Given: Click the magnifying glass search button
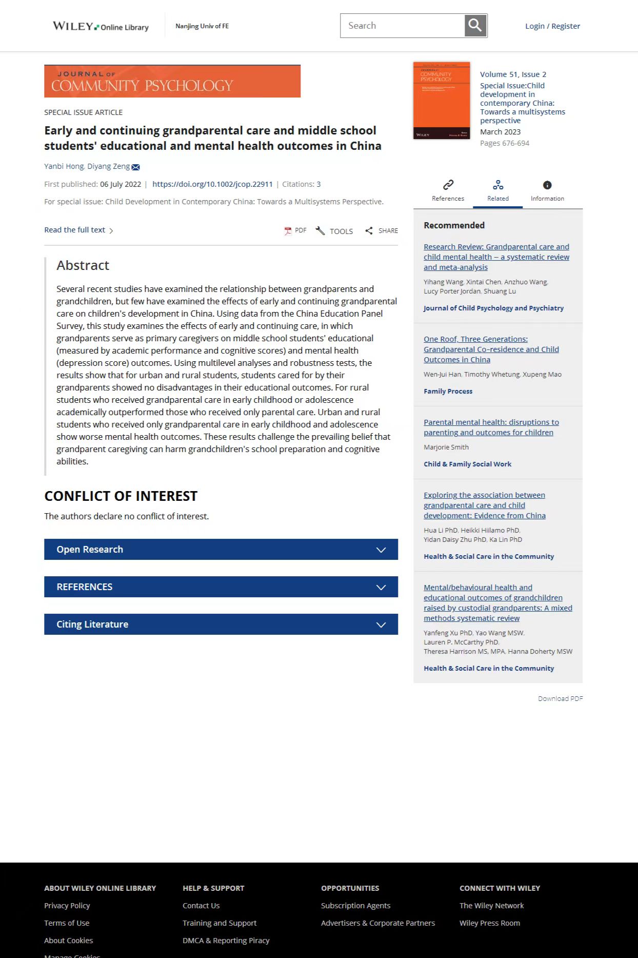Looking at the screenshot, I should point(475,26).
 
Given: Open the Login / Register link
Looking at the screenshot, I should point(552,26).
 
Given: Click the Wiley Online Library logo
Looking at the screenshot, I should point(101,26).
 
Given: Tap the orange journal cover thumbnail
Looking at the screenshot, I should point(442,101).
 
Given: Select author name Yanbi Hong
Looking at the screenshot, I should point(64,166).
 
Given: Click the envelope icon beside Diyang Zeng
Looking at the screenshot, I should point(136,167).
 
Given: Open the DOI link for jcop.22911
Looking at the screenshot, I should point(212,184).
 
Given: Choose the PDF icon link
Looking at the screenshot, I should point(295,231).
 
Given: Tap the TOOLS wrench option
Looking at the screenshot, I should point(334,231).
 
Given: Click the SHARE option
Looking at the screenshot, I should point(382,231).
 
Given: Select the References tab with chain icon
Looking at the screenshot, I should point(448,190).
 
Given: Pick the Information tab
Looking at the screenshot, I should point(547,190).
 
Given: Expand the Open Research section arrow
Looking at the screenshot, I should point(381,550).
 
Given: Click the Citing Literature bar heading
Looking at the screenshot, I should point(92,624).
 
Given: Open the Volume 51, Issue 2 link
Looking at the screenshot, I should point(513,74).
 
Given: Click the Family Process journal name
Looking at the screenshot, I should point(448,391).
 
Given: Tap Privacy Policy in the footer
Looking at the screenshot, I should point(67,906).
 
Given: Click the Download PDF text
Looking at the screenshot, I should point(560,698).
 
